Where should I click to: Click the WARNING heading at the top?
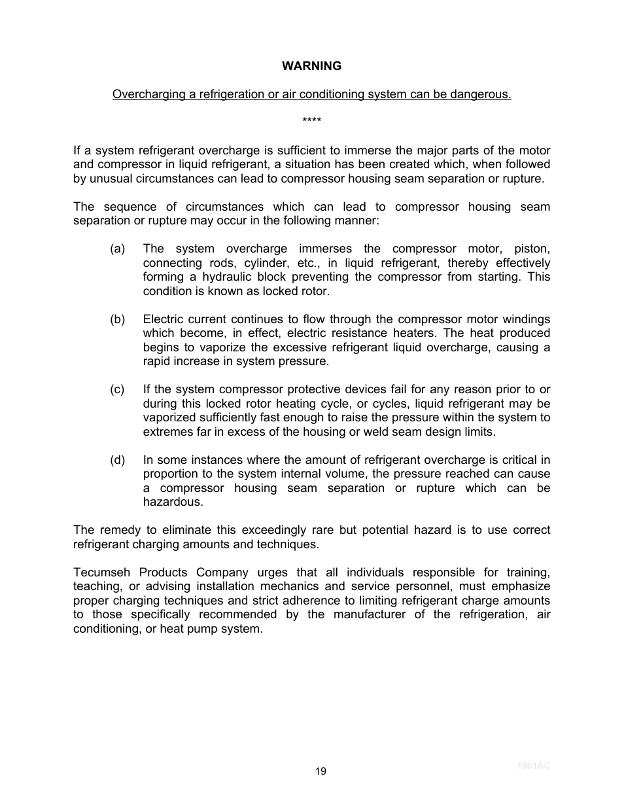tap(311, 66)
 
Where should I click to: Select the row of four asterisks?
tap(311, 121)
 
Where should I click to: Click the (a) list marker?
tap(118, 249)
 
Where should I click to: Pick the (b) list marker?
tap(118, 319)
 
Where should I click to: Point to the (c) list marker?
tap(118, 390)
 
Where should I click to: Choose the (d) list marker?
tap(118, 460)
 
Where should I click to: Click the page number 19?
tap(320, 771)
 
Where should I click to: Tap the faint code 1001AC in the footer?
tap(534, 765)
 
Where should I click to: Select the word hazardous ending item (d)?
tap(173, 502)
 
